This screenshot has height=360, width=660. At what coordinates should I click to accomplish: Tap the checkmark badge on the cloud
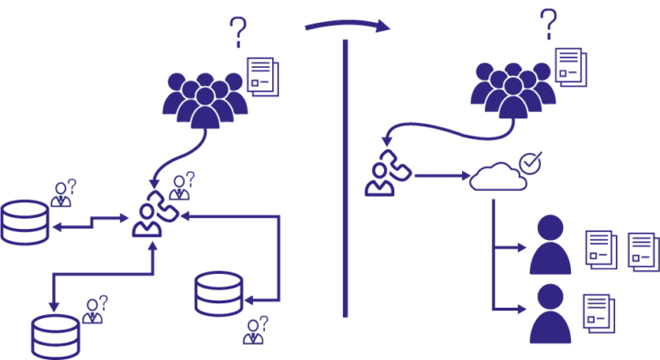529,163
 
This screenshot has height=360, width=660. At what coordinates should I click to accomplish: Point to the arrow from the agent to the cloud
439,175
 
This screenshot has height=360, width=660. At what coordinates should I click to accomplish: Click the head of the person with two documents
550,226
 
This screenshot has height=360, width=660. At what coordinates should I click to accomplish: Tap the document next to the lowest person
597,311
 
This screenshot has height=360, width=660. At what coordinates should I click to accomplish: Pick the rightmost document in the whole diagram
642,249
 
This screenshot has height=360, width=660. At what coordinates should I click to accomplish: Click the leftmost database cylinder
25,223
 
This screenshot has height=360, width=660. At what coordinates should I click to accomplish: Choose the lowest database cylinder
55,335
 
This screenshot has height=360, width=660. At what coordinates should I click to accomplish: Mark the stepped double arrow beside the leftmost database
92,222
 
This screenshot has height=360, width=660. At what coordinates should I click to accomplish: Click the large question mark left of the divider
238,31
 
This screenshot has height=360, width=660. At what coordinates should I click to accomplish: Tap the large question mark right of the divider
548,24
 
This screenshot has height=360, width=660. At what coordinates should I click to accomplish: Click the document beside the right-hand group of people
568,66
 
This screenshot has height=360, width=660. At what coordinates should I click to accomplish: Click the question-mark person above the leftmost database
63,192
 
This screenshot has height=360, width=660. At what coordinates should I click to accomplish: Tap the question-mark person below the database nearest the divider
255,330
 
